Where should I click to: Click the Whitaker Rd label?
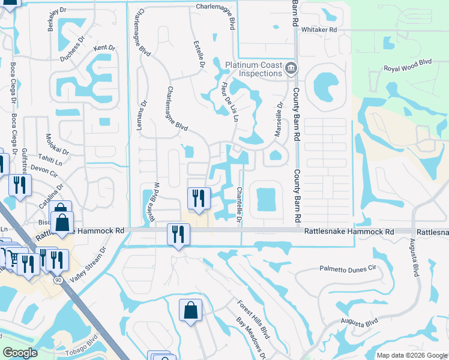(319, 29)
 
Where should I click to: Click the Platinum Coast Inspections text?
(253, 69)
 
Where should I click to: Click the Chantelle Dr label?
(239, 204)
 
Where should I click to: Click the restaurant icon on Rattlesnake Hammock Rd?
(178, 234)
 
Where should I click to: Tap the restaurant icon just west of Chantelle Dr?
(199, 198)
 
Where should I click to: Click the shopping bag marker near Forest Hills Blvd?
(190, 310)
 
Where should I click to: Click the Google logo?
(20, 353)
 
